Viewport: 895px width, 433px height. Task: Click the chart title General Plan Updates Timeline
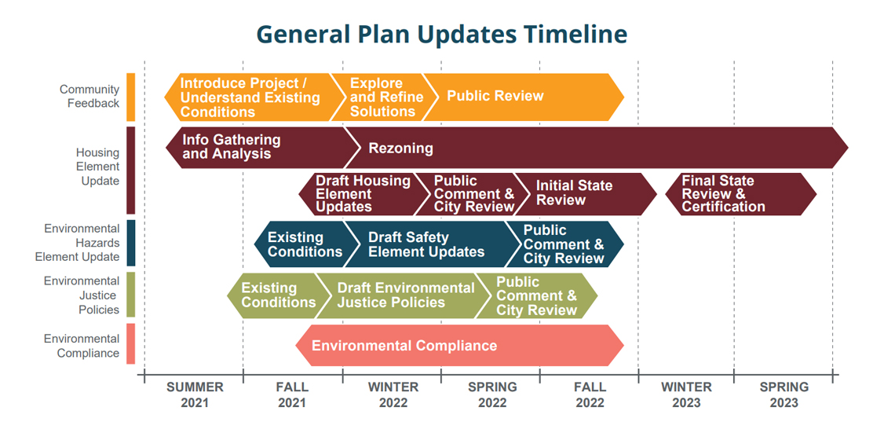coord(442,34)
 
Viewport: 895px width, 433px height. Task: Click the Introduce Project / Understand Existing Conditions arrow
coord(250,97)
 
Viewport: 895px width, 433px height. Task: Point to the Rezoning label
coord(400,148)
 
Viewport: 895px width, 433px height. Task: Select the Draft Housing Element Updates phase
coord(361,194)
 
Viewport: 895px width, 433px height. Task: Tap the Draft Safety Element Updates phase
coord(426,244)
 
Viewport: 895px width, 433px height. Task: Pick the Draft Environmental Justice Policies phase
coord(404,295)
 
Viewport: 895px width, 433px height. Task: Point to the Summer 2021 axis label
coord(195,394)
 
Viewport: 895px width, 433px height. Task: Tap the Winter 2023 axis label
coord(686,394)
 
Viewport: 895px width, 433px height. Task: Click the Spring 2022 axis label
coord(492,394)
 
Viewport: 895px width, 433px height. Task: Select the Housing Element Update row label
coord(97,167)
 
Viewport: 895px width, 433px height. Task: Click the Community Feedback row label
coord(89,97)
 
